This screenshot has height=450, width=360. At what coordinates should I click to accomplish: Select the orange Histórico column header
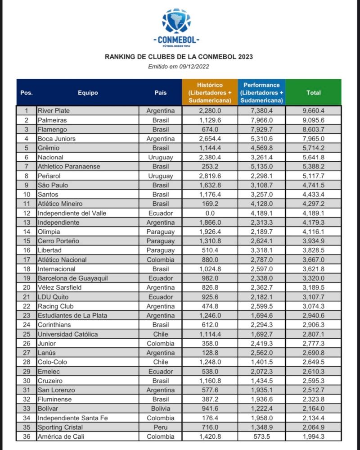point(210,92)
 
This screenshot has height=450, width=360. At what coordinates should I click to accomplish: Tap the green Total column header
point(314,92)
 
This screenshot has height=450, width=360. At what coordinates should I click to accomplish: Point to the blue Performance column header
point(261,92)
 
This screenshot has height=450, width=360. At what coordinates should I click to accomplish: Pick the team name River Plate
point(54,110)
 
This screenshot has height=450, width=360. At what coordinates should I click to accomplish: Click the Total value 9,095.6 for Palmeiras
point(314,120)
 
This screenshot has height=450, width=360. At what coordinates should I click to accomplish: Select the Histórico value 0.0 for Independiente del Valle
point(210,213)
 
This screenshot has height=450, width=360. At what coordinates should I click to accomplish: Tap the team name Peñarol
point(50,176)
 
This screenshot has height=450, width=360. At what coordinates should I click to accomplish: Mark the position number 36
point(26,436)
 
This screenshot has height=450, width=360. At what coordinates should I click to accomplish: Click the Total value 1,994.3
point(314,436)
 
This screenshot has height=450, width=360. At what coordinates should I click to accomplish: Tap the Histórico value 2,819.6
point(210,176)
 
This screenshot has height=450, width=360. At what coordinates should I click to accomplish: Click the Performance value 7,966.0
point(261,120)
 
